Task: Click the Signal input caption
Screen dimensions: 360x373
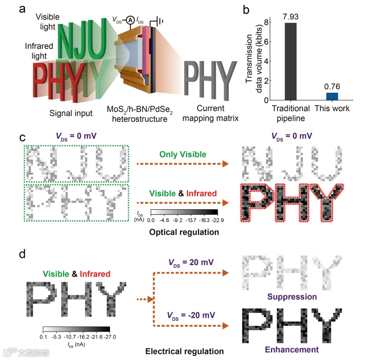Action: pyautogui.click(x=72, y=113)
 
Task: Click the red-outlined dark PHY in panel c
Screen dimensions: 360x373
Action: pyautogui.click(x=291, y=203)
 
